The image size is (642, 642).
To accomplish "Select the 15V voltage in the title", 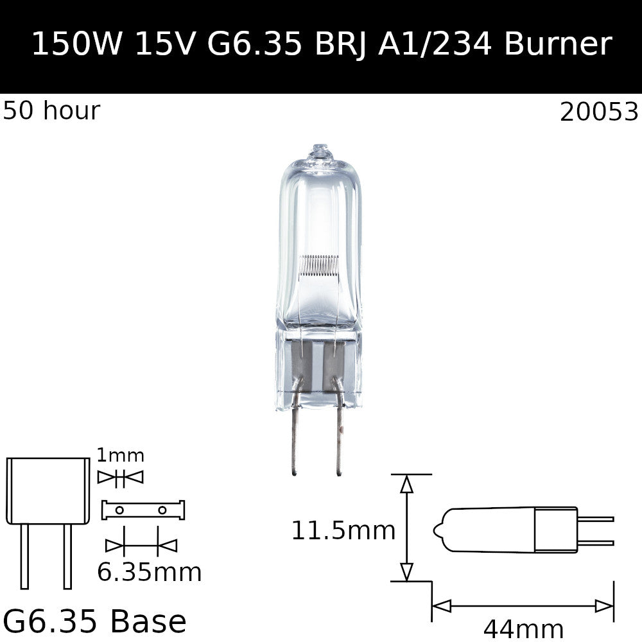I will point(165,44).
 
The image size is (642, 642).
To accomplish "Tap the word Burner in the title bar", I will point(558,44).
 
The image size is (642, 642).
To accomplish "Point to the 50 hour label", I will point(51,111).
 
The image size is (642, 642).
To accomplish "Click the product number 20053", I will point(599,112).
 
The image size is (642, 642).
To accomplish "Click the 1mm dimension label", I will point(120,456).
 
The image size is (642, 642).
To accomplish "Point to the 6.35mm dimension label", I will point(149,572).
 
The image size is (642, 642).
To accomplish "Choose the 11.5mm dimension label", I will point(343,531).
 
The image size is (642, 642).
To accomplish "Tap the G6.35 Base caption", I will point(95,621).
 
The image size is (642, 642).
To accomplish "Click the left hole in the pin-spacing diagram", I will point(119,510).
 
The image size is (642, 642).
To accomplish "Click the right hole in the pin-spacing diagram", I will point(162,510).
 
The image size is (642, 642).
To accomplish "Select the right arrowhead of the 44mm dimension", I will point(605,605).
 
